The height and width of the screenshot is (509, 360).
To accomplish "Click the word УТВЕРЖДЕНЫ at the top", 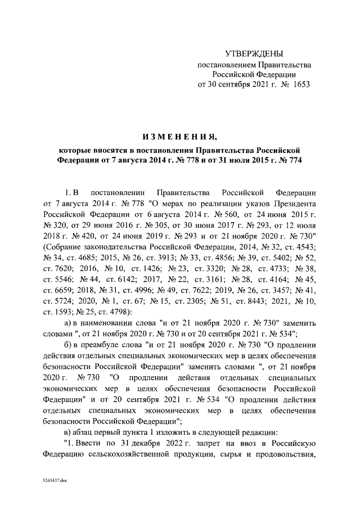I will click(253, 54).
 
